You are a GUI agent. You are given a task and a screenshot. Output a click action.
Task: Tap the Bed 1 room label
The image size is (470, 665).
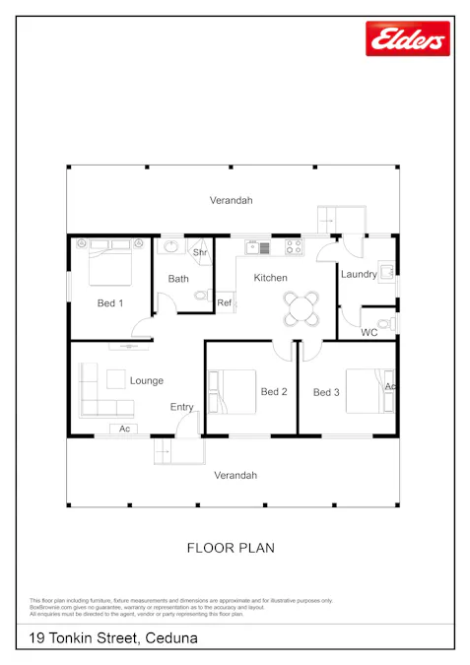110,303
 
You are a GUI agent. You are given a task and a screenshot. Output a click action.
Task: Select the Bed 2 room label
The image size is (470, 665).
274,392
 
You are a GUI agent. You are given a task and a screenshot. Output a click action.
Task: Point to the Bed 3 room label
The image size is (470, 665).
326,392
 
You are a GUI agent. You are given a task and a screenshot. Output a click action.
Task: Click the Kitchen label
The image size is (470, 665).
271,278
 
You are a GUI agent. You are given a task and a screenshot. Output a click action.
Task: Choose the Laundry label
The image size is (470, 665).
359,274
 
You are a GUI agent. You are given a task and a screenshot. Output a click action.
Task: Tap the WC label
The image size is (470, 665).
369,333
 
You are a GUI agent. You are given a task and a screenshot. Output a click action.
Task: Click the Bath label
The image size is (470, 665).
178,279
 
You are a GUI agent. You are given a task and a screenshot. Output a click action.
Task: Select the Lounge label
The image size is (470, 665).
147,380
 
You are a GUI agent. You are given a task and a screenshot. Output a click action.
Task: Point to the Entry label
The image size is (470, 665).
182,407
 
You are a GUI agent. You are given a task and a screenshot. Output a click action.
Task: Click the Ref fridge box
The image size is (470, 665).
224,302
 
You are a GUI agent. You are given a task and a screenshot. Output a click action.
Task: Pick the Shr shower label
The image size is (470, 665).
200,253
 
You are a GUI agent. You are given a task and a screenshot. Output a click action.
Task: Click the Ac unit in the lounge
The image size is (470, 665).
124,430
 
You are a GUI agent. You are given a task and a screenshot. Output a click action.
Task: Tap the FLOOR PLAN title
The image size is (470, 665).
231,547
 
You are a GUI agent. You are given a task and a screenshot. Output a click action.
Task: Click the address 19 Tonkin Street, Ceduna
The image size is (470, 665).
113,638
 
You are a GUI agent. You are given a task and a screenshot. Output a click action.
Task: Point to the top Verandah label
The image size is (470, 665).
232,200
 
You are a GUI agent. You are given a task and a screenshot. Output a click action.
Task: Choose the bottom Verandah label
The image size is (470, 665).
235,475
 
